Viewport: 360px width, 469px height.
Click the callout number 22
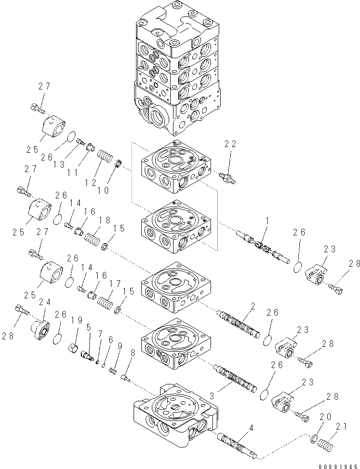pos(230,144)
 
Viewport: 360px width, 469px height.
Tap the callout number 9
pos(119,345)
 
